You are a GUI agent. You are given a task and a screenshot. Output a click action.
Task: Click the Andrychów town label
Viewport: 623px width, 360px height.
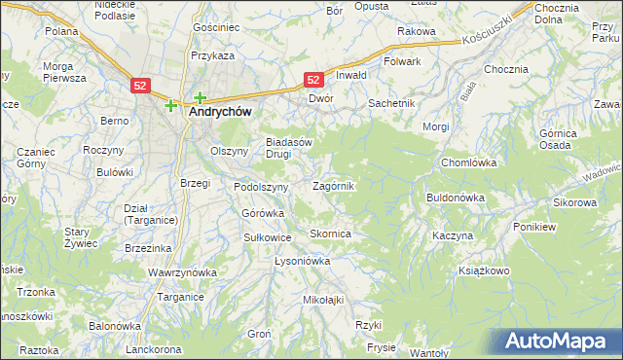[x=219, y=113]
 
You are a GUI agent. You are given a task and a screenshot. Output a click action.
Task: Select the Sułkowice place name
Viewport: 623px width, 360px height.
[x=267, y=236]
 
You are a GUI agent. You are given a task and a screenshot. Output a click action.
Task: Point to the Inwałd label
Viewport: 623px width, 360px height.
[x=350, y=75]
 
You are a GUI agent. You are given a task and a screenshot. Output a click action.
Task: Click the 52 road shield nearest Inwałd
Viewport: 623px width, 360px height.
[x=313, y=80]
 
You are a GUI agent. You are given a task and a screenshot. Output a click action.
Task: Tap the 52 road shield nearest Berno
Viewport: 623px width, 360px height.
[x=140, y=86]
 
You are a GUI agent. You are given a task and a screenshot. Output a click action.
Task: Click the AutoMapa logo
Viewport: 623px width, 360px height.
[x=560, y=342]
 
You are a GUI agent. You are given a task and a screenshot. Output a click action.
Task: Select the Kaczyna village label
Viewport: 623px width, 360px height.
[x=453, y=236]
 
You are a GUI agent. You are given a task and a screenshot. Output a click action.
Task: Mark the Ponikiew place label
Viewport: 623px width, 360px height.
[x=535, y=226]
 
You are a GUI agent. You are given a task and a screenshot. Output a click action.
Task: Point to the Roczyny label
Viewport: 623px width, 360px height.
[x=102, y=150]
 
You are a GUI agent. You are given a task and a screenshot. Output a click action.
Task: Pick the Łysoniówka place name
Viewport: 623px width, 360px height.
[x=303, y=261]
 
